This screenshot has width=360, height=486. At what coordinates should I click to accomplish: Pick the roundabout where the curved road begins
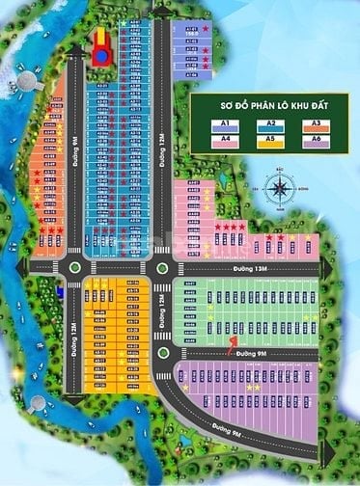pyautogui.click(x=162, y=351)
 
